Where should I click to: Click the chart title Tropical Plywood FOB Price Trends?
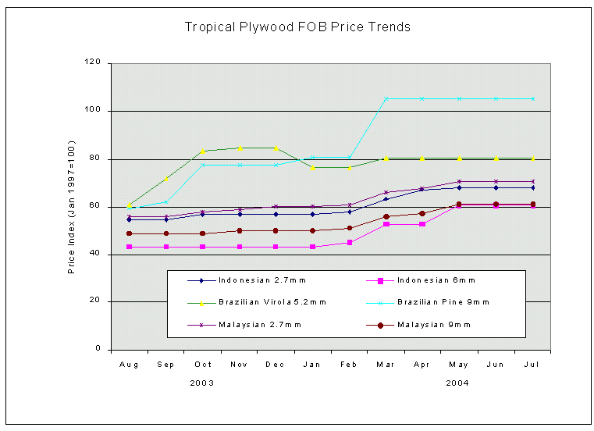[x=297, y=27]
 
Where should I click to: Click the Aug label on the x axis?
[x=129, y=364]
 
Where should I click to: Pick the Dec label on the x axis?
[x=276, y=364]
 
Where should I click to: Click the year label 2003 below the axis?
[x=202, y=383]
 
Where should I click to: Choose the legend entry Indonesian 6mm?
[x=436, y=280]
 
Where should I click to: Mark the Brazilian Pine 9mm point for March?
[x=386, y=98]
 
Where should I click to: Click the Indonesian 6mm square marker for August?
[x=129, y=247]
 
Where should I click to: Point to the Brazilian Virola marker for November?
[x=239, y=148]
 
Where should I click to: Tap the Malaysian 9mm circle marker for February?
[x=349, y=228]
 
